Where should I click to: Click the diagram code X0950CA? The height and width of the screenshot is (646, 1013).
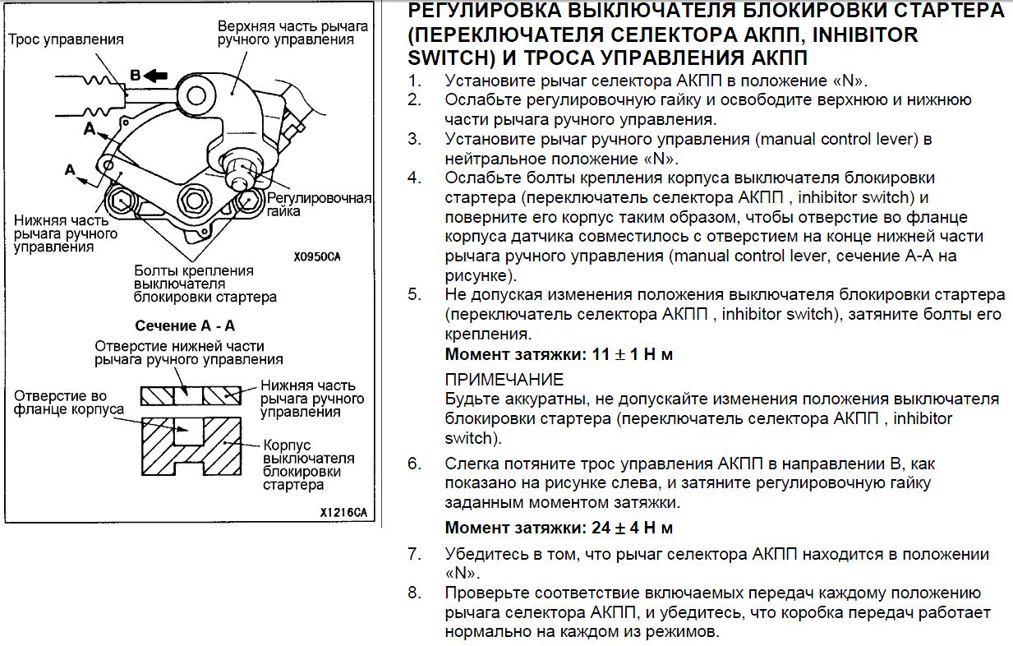pyautogui.click(x=316, y=256)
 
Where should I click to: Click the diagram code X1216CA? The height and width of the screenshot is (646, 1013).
pyautogui.click(x=343, y=512)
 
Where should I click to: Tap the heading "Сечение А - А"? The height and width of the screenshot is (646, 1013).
pyautogui.click(x=185, y=325)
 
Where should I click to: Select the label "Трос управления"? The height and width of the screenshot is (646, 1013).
pyautogui.click(x=66, y=39)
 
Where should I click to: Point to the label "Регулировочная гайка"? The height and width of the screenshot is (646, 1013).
pyautogui.click(x=320, y=205)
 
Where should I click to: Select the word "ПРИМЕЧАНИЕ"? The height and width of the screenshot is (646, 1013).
pyautogui.click(x=504, y=379)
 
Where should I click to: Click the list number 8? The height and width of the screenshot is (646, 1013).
pyautogui.click(x=414, y=593)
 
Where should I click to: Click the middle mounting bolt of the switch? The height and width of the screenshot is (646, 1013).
pyautogui.click(x=195, y=199)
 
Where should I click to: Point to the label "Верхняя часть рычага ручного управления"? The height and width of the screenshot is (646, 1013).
pyautogui.click(x=292, y=32)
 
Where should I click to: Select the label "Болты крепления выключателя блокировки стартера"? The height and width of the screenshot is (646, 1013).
pyautogui.click(x=205, y=284)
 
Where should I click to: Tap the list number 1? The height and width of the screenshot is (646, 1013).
pyautogui.click(x=414, y=81)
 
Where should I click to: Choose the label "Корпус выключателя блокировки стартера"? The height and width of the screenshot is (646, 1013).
pyautogui.click(x=308, y=464)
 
